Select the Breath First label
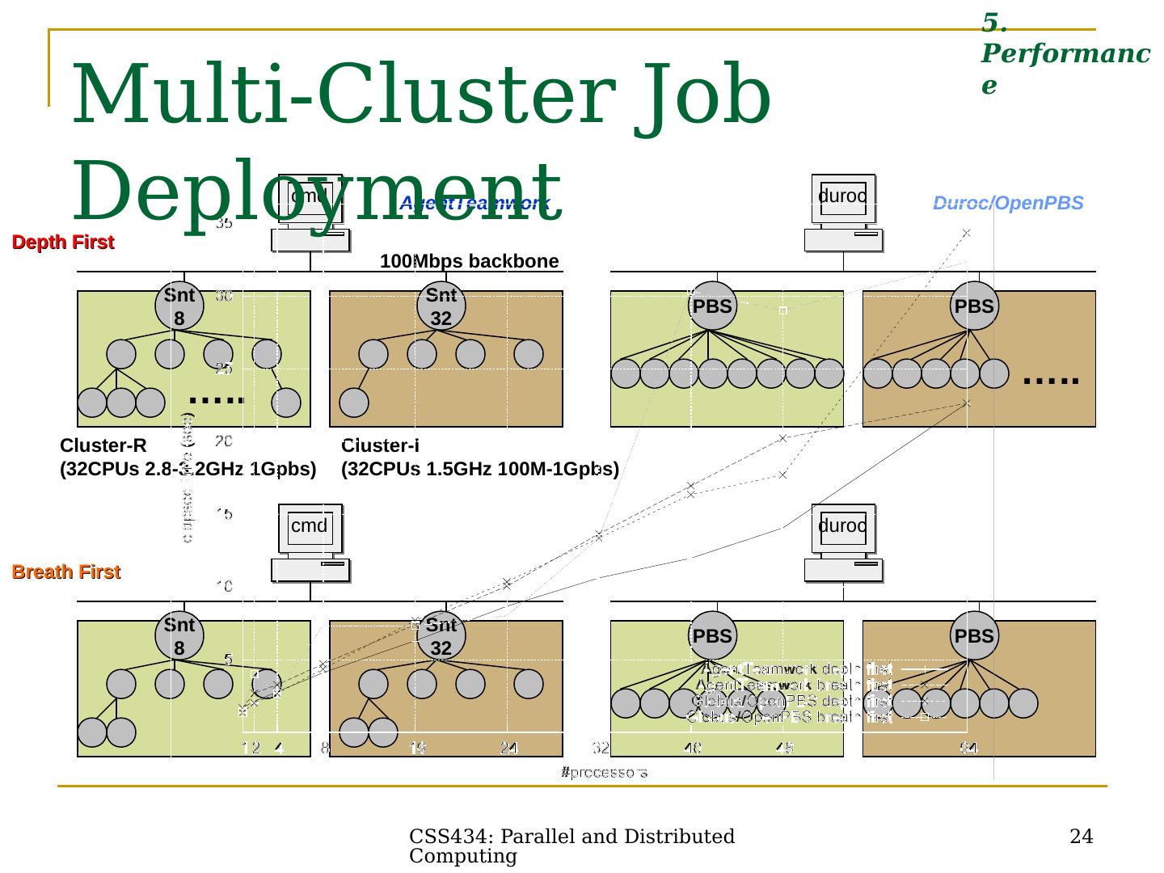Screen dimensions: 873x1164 [65, 572]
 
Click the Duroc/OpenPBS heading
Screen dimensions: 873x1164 [1008, 204]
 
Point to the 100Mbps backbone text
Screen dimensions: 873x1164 [470, 261]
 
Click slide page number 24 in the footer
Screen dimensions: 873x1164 [1081, 837]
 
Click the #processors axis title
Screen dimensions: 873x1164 [604, 773]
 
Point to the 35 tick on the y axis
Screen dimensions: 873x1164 [224, 224]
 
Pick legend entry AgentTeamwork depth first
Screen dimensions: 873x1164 [797, 669]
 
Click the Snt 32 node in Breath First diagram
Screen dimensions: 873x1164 [441, 636]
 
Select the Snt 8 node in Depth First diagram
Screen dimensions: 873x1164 [179, 306]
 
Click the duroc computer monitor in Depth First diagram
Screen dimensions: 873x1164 [843, 197]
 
